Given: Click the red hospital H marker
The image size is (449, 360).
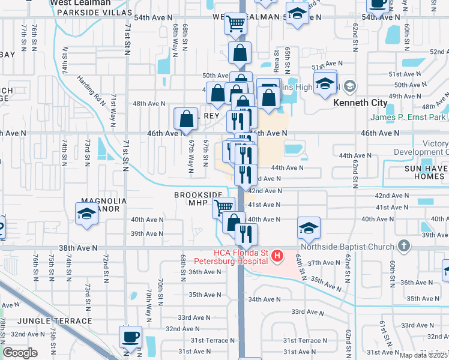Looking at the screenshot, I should (277, 257).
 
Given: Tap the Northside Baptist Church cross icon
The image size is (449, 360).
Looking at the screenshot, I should (405, 245).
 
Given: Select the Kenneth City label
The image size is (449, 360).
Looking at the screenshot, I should (359, 103).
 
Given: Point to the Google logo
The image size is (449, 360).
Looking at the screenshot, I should (20, 353).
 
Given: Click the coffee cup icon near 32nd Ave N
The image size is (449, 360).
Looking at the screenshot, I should (130, 337).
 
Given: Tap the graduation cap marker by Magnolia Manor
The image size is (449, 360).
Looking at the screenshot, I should (87, 213).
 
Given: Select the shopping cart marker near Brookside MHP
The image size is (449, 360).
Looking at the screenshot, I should (223, 207).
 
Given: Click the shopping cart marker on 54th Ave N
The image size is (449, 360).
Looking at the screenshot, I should (235, 24).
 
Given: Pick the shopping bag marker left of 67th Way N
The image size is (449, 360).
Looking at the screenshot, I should (186, 118).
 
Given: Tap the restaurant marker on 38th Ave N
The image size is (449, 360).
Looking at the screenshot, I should (246, 234).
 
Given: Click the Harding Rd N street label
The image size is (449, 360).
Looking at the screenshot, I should (89, 88).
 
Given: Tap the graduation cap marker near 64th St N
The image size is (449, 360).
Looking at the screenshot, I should (309, 228).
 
